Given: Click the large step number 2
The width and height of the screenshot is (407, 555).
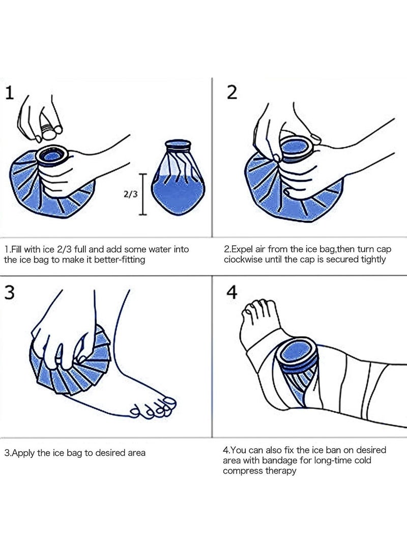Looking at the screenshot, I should [x=231, y=93].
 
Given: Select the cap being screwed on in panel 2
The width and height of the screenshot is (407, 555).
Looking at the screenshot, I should [x=297, y=148].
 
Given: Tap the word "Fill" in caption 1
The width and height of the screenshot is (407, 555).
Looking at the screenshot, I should [x=16, y=249].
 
